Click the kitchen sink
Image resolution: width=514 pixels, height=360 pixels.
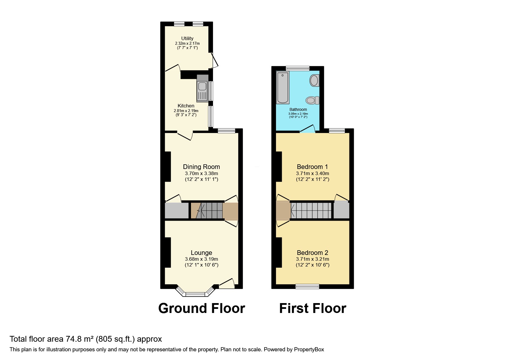pos(202,88)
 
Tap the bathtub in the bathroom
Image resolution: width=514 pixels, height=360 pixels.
pos(283,87)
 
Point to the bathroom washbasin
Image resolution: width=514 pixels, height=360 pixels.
pos(314,80)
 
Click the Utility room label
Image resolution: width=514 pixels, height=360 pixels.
pos(187,38)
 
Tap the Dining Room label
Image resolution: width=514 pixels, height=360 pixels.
pos(201,167)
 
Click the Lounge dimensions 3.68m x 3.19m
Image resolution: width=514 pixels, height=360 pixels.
pos(201,259)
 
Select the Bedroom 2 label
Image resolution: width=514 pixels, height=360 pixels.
pos(312,253)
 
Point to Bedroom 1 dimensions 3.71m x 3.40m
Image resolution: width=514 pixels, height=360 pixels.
pos(312,173)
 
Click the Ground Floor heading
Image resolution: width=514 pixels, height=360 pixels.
pos(201,308)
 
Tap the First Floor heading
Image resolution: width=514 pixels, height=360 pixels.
pos(313,308)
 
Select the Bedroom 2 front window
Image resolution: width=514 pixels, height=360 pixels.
pos(307,286)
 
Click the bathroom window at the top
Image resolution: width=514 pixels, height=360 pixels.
pos(297,68)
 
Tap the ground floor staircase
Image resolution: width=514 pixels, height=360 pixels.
pos(207,210)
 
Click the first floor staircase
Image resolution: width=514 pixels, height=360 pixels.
pos(311,210)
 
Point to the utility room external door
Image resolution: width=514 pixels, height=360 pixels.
pos(215,60)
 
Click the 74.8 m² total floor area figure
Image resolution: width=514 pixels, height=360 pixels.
pos(79,339)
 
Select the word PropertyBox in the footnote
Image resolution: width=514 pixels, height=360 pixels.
pos(309,350)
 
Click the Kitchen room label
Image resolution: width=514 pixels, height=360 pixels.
pos(186,106)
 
